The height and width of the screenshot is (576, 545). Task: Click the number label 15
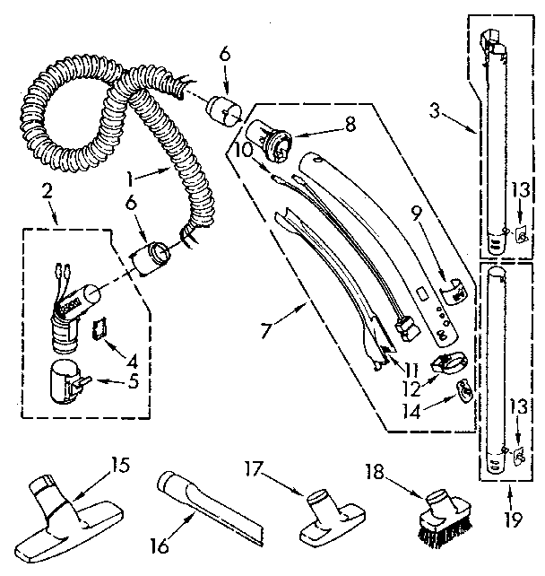[120, 465]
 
